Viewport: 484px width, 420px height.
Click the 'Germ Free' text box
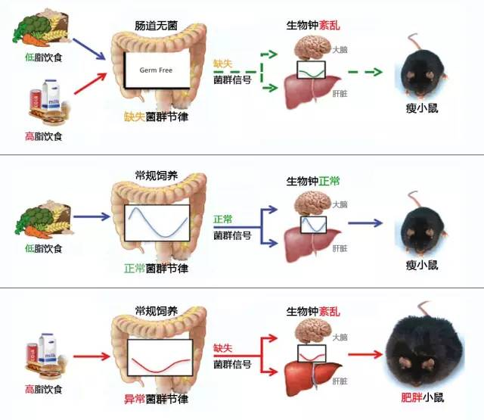click(x=157, y=70)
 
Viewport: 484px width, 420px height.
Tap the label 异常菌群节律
click(x=157, y=399)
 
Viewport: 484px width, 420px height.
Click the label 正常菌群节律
click(x=157, y=268)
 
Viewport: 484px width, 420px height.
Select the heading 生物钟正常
click(x=312, y=182)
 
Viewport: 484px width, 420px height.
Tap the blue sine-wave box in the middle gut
click(x=157, y=219)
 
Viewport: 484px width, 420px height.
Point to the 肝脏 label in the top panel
click(x=340, y=95)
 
